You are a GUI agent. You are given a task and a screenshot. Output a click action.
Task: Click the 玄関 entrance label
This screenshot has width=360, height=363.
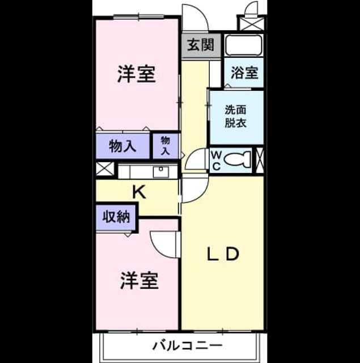click(x=200, y=45)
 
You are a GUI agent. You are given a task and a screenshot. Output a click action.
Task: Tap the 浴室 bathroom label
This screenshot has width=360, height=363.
click(x=244, y=73)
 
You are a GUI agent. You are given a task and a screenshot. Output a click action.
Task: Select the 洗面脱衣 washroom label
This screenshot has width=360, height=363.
click(x=235, y=116)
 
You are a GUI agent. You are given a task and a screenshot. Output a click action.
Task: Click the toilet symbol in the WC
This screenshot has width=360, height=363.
click(x=238, y=159)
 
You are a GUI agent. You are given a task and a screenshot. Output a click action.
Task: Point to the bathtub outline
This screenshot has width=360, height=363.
click(x=244, y=45)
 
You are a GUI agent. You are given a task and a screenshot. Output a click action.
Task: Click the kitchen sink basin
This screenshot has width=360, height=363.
click(x=161, y=171)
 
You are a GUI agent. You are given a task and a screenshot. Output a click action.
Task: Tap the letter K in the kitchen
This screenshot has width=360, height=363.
click(x=139, y=192)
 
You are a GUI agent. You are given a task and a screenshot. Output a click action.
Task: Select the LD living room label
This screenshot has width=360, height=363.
click(x=223, y=254)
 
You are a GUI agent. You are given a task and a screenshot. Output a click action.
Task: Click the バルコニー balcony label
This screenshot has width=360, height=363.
click(x=187, y=345)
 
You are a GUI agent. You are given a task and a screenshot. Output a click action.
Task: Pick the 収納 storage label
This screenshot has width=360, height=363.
click(x=116, y=217)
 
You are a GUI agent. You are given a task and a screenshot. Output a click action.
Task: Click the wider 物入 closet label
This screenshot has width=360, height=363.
click(x=122, y=146)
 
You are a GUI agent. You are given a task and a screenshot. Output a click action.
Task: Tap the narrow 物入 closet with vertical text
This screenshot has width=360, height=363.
click(x=166, y=146)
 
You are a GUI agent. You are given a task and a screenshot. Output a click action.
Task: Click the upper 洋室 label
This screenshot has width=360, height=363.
click(x=136, y=74)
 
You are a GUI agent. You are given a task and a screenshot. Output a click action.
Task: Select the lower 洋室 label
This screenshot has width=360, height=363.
click(x=139, y=281)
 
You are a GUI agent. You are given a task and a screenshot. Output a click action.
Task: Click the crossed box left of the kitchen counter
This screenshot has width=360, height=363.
click(x=105, y=168)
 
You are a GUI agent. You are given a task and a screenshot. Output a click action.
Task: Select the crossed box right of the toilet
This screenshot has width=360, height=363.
click(x=260, y=160)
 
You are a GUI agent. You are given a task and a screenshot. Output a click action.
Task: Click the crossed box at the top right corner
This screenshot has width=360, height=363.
click(x=252, y=23)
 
